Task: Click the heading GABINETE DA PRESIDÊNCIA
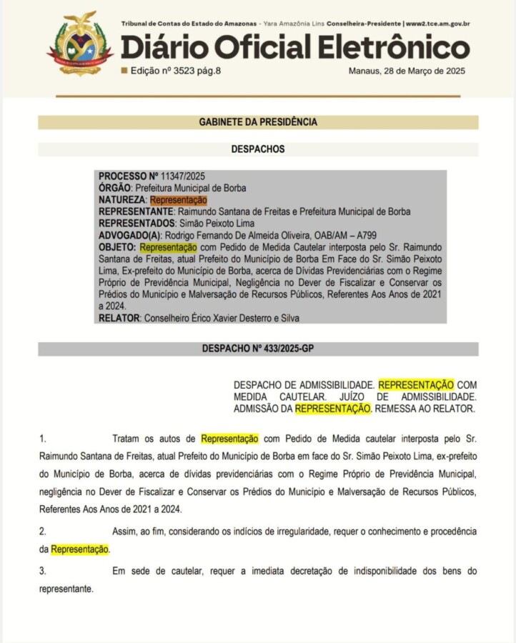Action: pos(257,122)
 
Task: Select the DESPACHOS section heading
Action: pos(257,149)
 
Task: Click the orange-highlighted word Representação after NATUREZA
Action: pos(178,200)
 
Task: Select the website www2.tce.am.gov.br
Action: pos(438,24)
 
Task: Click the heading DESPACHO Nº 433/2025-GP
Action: pos(258,349)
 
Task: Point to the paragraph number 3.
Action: pos(42,571)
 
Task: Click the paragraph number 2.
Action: pos(42,531)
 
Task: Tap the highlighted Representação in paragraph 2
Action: pos(80,549)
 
